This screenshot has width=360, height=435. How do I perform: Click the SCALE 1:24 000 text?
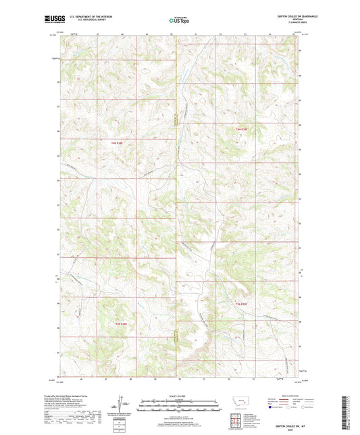click(x=179, y=396)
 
